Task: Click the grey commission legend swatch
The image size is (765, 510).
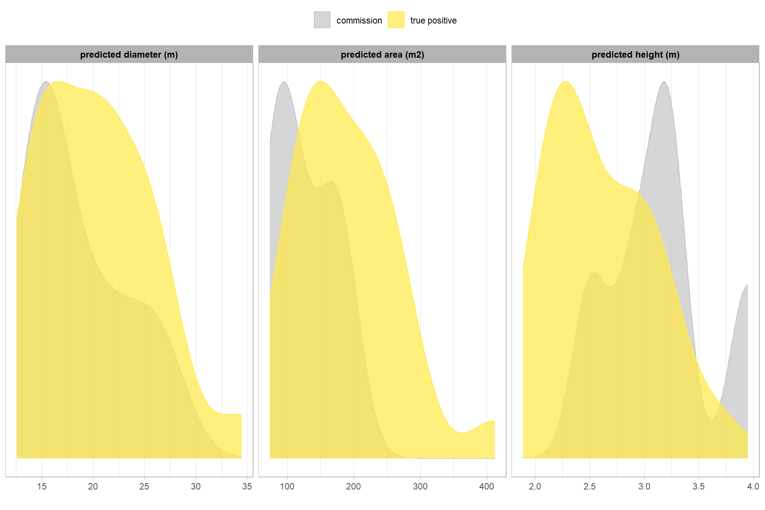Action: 322,20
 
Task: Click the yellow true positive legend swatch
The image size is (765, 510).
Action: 396,20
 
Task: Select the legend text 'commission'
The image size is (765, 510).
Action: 359,20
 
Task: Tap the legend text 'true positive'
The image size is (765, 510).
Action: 433,20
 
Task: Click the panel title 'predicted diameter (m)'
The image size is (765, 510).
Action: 129,55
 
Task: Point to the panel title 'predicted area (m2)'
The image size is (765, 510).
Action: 382,55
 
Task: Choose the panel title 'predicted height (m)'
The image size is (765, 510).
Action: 635,55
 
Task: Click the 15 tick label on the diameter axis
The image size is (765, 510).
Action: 42,486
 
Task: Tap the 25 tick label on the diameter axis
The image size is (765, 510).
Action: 144,486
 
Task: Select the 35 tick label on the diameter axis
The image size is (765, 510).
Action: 247,486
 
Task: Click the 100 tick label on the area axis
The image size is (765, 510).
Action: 287,486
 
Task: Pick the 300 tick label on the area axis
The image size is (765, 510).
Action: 420,486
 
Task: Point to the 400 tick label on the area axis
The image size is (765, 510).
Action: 486,486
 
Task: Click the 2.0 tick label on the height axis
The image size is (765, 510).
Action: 535,486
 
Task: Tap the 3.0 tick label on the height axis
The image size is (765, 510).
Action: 644,486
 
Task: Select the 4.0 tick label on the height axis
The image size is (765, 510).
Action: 753,486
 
